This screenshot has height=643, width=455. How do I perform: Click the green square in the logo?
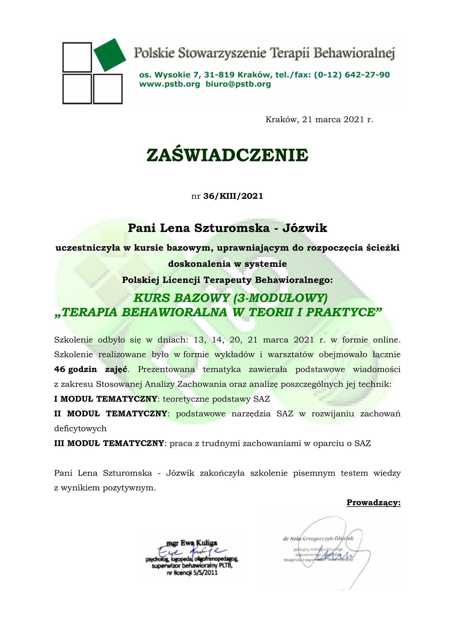(110, 55)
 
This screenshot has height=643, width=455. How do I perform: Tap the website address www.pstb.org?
(170, 84)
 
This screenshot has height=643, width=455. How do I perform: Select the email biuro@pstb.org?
(238, 84)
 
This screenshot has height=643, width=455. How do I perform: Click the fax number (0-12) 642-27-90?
(352, 75)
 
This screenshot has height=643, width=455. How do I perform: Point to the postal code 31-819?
(218, 75)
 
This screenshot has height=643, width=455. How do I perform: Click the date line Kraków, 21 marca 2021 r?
(319, 120)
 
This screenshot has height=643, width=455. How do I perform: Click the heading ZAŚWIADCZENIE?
(227, 155)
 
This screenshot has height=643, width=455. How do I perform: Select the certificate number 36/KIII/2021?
(233, 196)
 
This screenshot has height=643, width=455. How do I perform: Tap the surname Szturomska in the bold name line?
(232, 228)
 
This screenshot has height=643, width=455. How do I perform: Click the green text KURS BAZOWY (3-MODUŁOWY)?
(230, 298)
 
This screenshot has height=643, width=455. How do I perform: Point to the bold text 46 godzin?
(75, 369)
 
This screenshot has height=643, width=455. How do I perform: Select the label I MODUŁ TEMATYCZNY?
(106, 399)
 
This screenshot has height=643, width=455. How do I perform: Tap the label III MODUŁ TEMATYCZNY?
(109, 443)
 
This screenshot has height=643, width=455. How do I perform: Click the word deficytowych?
(80, 428)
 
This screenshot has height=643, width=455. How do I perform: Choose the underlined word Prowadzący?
(374, 503)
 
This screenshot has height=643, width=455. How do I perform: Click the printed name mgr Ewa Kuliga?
(192, 543)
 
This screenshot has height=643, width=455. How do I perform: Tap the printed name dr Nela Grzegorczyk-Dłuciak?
(318, 539)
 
